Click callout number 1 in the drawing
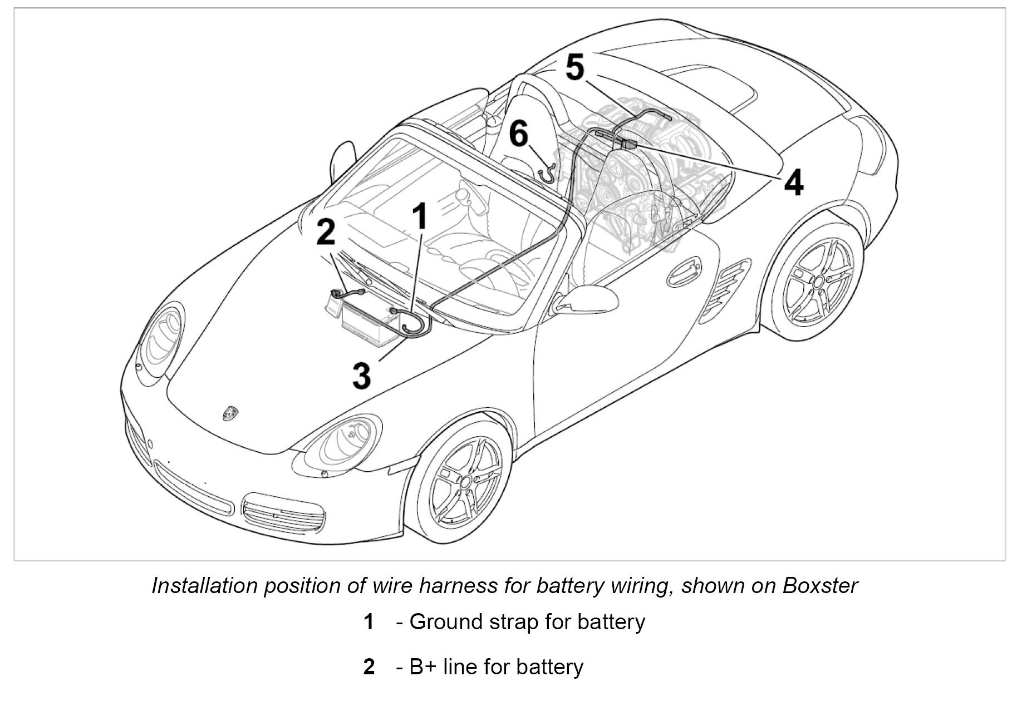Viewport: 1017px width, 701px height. point(421,216)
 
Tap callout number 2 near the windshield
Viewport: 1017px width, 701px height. point(326,231)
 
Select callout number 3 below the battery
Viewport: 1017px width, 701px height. point(362,374)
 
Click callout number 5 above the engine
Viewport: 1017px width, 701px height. point(575,67)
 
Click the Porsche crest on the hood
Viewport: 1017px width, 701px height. point(230,412)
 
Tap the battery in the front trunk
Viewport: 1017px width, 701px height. point(368,321)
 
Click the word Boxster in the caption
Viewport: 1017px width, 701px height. point(820,586)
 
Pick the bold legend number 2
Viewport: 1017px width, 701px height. point(369,667)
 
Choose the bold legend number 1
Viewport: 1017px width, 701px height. point(369,622)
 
